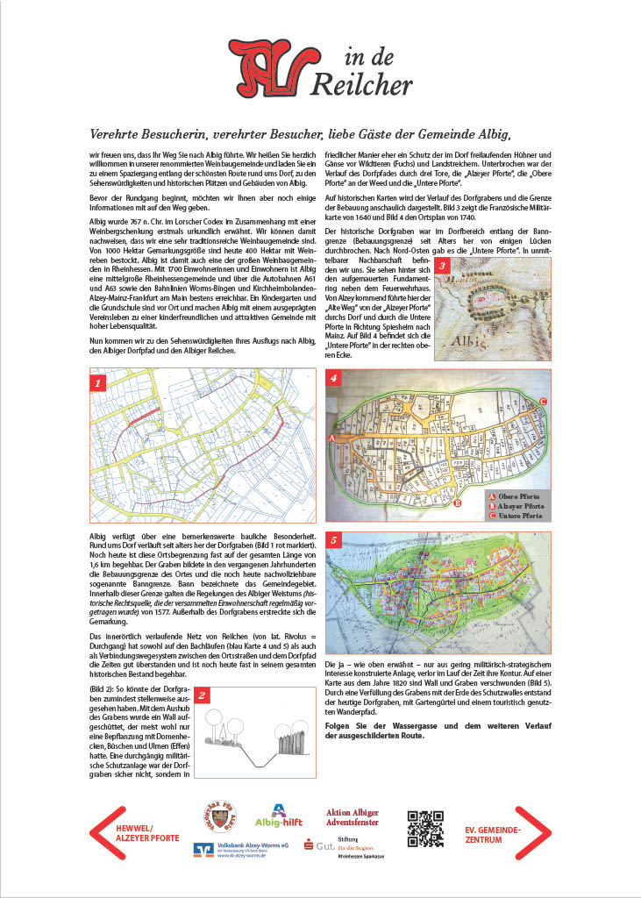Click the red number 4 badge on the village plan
(334, 379)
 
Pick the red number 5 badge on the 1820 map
(334, 539)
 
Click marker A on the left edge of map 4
(331, 436)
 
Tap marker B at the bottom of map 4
(458, 503)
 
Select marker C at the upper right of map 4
(544, 402)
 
